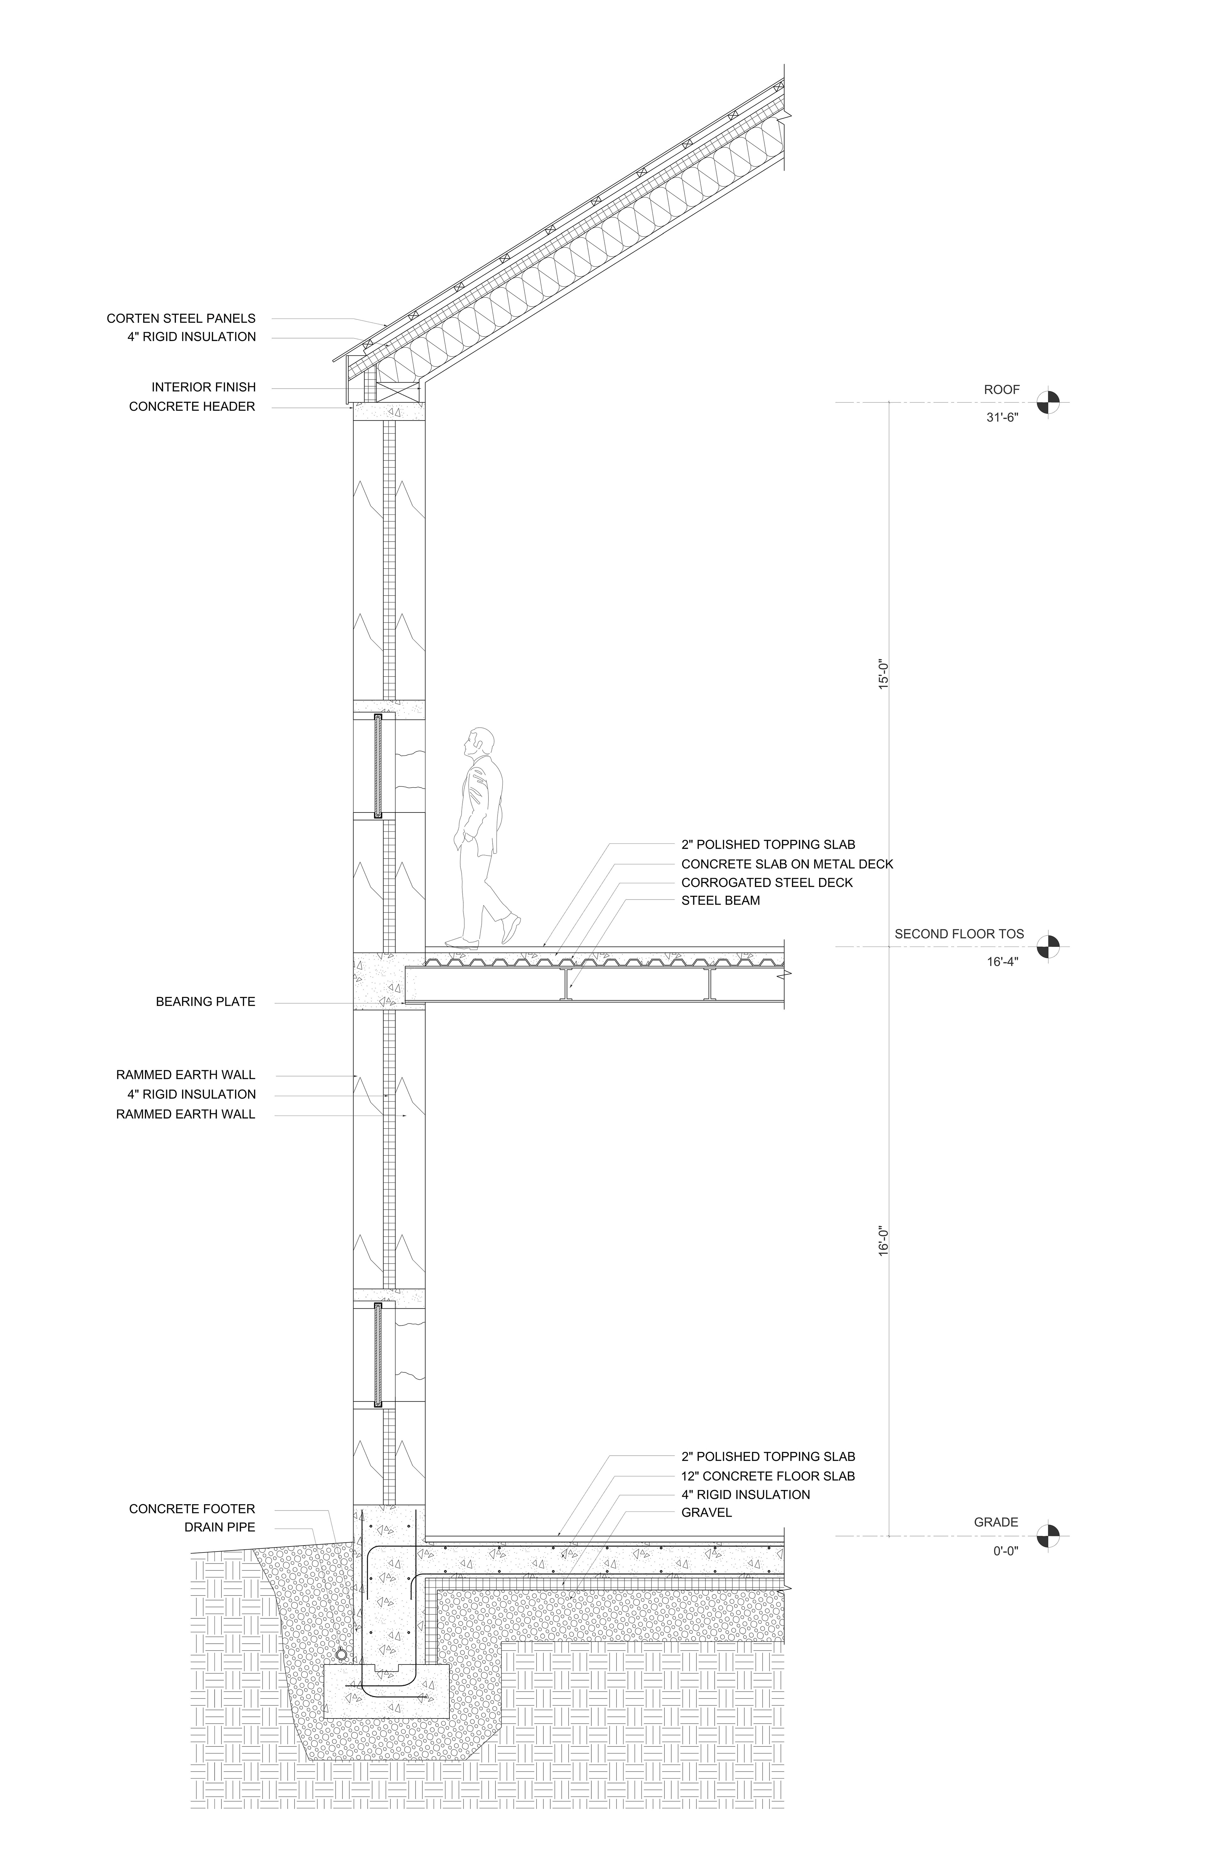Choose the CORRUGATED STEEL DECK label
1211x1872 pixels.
pyautogui.click(x=767, y=883)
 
